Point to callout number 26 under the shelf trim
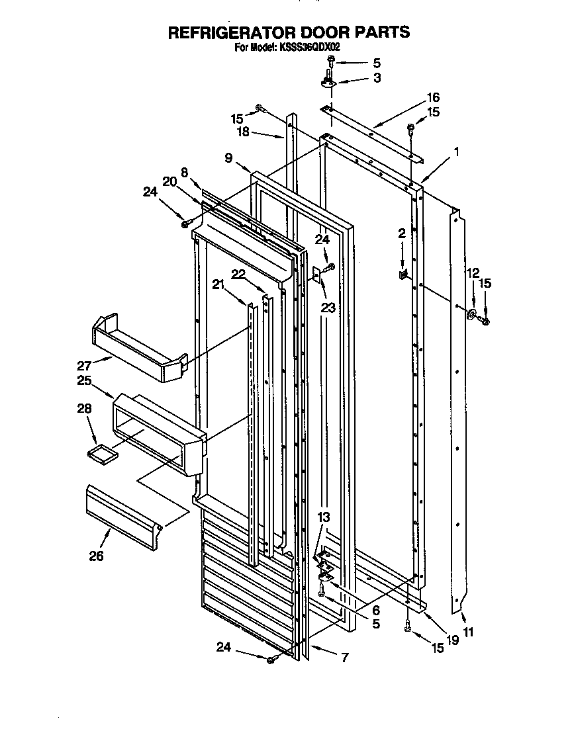97,556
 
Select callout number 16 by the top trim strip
434,97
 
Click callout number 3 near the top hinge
377,78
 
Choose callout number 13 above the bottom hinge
323,517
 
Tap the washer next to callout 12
473,315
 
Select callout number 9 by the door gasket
228,157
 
